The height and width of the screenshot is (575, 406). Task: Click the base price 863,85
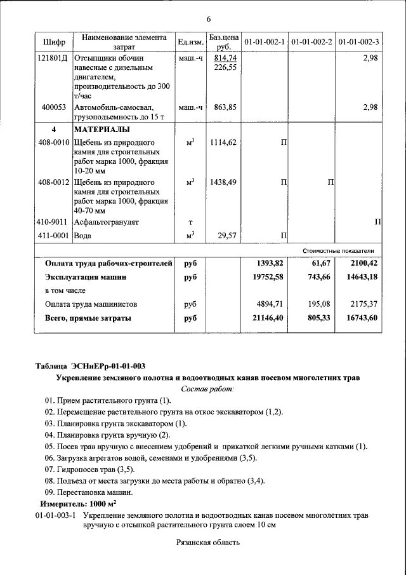[x=225, y=107]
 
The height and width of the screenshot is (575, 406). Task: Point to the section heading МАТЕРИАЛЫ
[x=102, y=129]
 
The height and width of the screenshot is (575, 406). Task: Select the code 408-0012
[x=53, y=182]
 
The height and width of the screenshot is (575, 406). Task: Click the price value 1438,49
[x=223, y=182]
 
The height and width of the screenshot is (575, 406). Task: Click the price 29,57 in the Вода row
[x=226, y=235]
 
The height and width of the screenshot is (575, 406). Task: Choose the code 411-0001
[x=53, y=236]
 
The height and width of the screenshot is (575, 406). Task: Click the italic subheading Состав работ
[x=207, y=388]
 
